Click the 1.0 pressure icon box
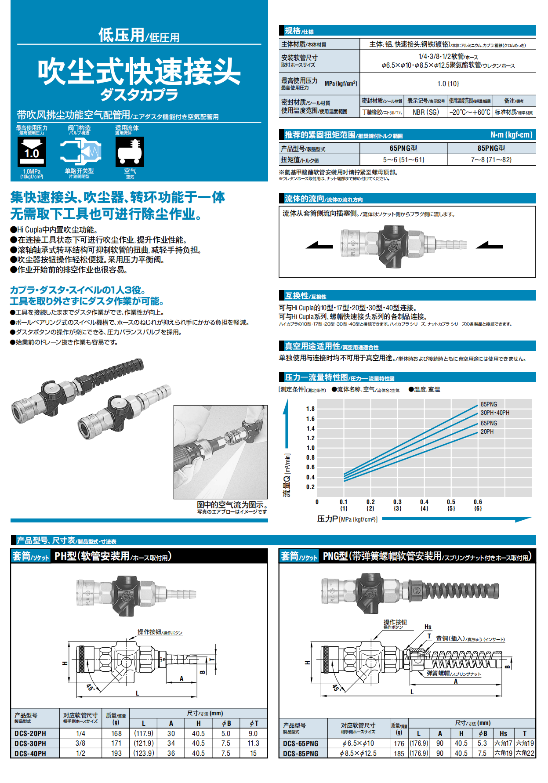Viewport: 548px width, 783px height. click(32, 152)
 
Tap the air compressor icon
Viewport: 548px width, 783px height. click(130, 152)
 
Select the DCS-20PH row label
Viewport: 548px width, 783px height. click(30, 733)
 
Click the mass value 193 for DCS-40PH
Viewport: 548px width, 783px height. click(116, 753)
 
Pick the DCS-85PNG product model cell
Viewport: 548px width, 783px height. click(301, 753)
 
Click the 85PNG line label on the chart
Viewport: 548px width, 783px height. click(489, 404)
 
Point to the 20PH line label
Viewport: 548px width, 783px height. click(487, 431)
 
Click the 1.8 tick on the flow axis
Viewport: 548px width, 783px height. click(310, 409)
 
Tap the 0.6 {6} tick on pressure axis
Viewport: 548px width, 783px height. click(478, 505)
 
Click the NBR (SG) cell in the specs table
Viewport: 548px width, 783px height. click(425, 112)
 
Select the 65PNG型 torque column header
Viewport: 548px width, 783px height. click(403, 149)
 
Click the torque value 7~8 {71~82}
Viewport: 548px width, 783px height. click(491, 159)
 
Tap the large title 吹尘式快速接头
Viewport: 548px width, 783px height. click(139, 72)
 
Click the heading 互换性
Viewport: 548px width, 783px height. click(297, 296)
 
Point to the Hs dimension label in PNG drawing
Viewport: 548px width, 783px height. click(428, 627)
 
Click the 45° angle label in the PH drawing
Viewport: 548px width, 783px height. click(91, 687)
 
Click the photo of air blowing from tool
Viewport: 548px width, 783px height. click(220, 452)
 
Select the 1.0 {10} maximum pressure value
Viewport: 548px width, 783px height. click(448, 83)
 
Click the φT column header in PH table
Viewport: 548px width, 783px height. click(254, 723)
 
